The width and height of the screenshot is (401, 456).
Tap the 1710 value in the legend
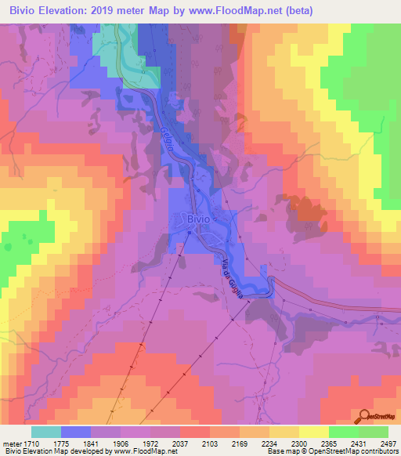[x=32, y=443]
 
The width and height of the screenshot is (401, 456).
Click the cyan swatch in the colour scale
[x=45, y=431]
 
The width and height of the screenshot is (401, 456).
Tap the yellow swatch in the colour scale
[x=313, y=431]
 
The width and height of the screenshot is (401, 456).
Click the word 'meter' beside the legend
[x=11, y=443]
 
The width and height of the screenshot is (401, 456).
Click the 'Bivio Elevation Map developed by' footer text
[x=55, y=452]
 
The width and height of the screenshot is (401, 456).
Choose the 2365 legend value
[x=331, y=443]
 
